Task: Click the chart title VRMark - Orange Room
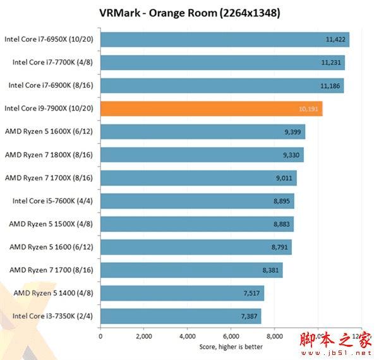[189, 13]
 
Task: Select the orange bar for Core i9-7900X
[212, 109]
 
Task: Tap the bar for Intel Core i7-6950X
[225, 39]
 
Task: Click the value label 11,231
[331, 63]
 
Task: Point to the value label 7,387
[248, 316]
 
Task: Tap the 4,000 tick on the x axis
[188, 336]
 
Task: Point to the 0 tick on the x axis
[101, 336]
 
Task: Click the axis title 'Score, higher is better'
[231, 346]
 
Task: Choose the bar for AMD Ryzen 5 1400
[182, 293]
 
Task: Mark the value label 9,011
[284, 178]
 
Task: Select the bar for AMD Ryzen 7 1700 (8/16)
[191, 270]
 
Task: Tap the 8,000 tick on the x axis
[274, 336]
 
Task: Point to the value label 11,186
[330, 85]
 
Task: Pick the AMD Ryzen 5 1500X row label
[51, 224]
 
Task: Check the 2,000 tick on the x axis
[144, 336]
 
